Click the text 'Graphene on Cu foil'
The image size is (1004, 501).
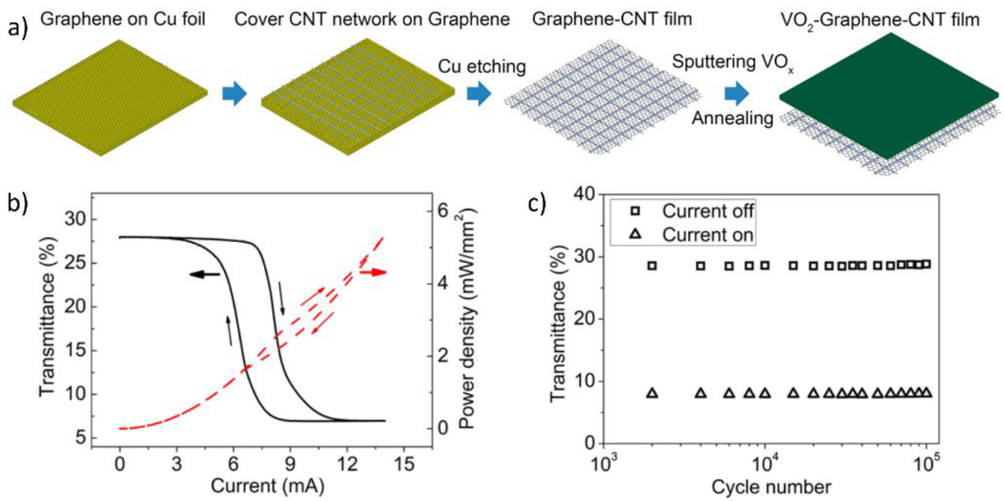pos(123,19)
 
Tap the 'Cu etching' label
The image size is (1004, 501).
pos(482,67)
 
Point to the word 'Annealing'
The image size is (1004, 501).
pos(732,118)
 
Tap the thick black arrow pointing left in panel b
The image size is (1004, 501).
pos(205,275)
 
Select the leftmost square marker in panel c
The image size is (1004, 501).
pos(652,266)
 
